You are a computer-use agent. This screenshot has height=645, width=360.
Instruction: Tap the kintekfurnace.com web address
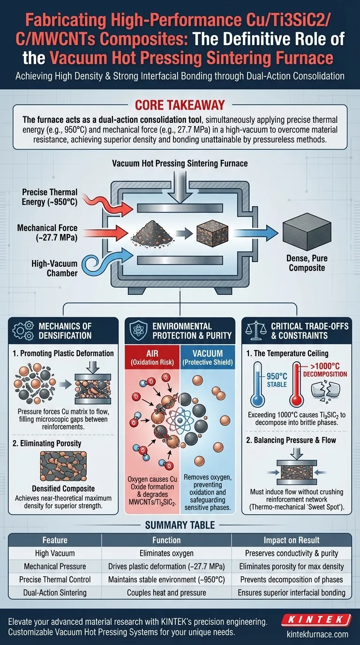(x=317, y=634)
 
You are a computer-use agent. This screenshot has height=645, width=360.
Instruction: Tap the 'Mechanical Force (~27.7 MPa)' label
(x=47, y=232)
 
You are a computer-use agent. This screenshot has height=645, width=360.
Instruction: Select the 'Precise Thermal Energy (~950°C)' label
(x=49, y=196)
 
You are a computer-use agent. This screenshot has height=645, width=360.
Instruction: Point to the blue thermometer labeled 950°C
(x=257, y=384)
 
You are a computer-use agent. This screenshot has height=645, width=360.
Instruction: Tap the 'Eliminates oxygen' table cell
(x=166, y=554)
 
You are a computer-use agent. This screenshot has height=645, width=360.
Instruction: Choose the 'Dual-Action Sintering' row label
(x=55, y=592)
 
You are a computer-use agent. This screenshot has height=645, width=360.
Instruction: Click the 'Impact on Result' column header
(x=291, y=540)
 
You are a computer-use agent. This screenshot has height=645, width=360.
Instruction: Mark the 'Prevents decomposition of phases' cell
(x=291, y=579)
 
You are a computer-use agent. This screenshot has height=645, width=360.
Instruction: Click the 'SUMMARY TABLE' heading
(x=180, y=525)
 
